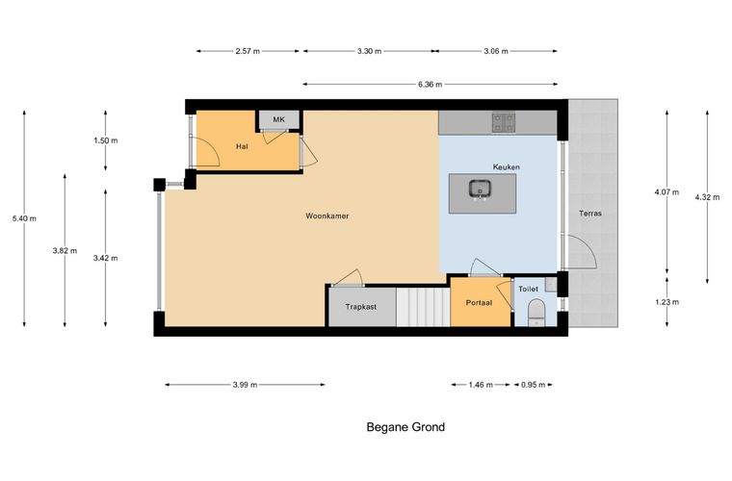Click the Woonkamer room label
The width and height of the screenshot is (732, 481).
(x=327, y=215)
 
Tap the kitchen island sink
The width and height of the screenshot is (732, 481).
(x=480, y=190)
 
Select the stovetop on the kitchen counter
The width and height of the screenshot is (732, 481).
(x=503, y=122)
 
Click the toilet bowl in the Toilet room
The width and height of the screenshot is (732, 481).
(x=536, y=313)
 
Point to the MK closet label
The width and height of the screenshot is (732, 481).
(x=278, y=119)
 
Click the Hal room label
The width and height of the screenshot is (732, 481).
(x=242, y=146)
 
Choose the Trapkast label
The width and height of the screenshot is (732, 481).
(x=361, y=307)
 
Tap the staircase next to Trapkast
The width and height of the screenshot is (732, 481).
(x=423, y=307)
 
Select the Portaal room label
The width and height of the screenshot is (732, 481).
(x=479, y=302)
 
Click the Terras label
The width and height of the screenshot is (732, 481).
(x=590, y=214)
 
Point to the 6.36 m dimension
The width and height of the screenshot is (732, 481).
(x=430, y=85)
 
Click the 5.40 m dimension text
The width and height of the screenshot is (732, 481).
(x=24, y=218)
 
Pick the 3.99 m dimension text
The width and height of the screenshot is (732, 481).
(x=245, y=385)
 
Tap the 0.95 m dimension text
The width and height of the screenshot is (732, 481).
(x=533, y=385)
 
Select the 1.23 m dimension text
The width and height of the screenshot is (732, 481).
(x=667, y=302)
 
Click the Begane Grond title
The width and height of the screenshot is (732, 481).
(x=405, y=427)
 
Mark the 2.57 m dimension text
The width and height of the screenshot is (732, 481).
(x=248, y=51)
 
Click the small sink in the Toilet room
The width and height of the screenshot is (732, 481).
(x=551, y=285)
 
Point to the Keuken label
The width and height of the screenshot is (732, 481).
(x=506, y=166)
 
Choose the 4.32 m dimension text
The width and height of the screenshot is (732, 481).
(x=707, y=197)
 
